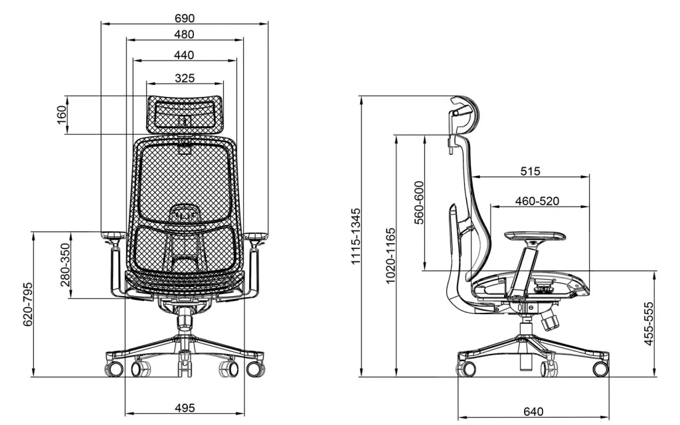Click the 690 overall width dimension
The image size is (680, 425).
pos(185,17)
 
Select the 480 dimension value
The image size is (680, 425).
pos(185,34)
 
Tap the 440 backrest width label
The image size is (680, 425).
pos(185,54)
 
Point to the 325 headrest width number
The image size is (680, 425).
pos(185,78)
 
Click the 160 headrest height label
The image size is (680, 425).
pos(62,115)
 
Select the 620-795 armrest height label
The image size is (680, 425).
pos(28,304)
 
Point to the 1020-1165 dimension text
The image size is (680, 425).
pos(390,256)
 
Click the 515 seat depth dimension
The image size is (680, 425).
pos(530,171)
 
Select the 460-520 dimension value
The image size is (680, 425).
pos(537,201)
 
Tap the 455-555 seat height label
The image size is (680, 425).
pos(649,323)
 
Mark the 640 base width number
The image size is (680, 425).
pos(533,412)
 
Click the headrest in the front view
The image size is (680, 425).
pos(185,113)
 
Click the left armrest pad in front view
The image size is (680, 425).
pos(113,236)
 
